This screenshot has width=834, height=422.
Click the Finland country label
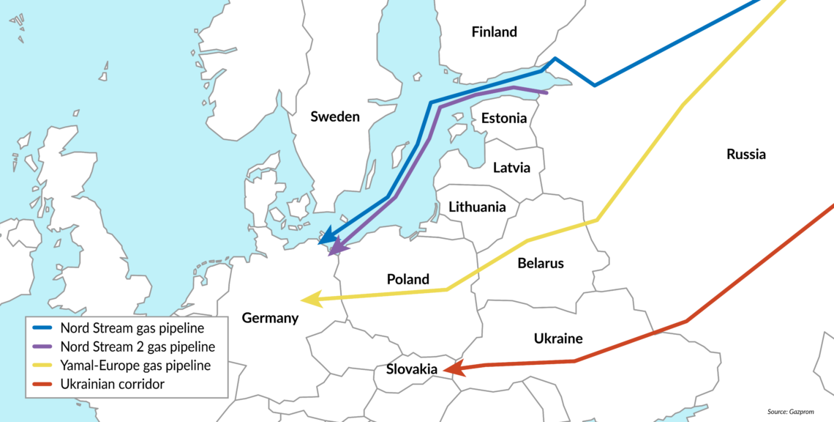(494, 32)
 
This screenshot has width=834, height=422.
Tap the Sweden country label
(335, 116)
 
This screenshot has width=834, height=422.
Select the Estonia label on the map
(503, 119)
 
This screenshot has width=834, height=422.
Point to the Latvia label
(511, 167)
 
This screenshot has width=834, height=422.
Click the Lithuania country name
(477, 207)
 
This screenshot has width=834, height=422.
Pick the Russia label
(745, 155)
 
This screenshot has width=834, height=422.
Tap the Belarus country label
(540, 263)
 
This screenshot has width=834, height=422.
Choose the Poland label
(407, 279)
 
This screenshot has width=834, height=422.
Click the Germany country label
(270, 318)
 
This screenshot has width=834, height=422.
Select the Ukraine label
(558, 338)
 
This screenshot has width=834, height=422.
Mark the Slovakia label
(412, 370)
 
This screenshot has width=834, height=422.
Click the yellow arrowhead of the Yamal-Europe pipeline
(310, 299)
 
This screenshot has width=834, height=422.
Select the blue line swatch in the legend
(43, 327)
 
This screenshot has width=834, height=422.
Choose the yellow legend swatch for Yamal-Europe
(43, 365)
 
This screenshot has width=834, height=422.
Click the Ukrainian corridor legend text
(113, 383)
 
